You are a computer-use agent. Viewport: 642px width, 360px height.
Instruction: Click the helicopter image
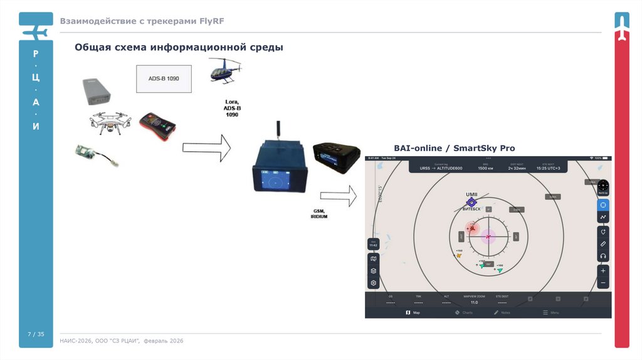click(224, 70)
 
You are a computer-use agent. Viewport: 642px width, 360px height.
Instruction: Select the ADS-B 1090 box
click(162, 78)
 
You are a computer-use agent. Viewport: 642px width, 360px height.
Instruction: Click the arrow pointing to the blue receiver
click(206, 148)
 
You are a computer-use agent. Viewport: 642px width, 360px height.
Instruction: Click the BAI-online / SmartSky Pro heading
click(454, 148)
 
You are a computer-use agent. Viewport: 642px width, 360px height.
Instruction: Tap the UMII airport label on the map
click(471, 194)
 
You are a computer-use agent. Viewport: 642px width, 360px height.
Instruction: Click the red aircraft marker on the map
click(471, 228)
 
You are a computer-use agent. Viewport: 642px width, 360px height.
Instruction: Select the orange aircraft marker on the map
click(460, 255)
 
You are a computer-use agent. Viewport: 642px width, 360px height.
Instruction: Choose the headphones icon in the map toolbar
click(603, 256)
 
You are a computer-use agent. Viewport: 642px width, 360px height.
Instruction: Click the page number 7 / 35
click(36, 333)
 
